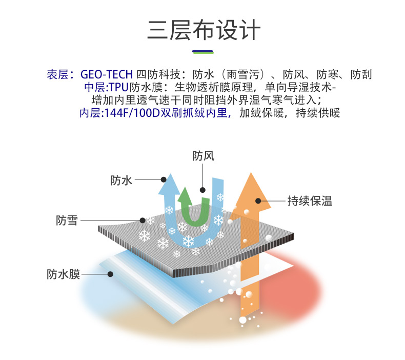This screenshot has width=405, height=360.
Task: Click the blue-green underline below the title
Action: [202, 52]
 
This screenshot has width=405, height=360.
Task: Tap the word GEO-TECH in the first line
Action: [107, 74]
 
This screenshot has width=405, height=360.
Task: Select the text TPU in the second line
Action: [118, 87]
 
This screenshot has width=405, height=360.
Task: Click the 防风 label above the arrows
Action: [203, 155]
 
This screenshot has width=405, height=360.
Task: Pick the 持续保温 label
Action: [310, 201]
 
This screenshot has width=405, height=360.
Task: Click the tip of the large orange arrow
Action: [251, 176]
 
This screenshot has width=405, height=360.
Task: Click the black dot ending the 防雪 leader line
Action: [142, 221]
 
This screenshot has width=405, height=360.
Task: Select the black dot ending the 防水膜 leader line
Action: [110, 274]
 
